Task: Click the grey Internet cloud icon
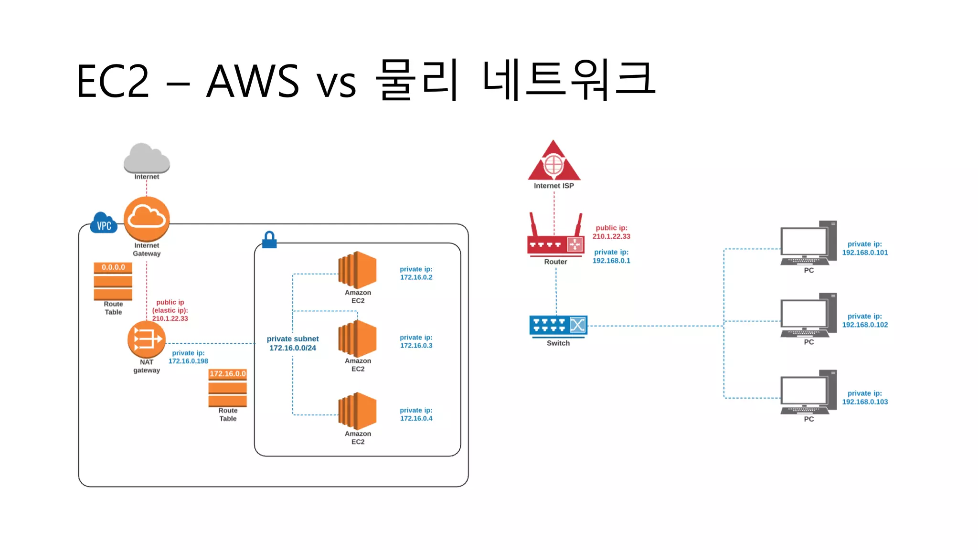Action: coord(147,159)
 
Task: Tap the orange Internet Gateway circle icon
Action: coord(147,219)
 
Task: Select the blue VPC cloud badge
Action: coord(104,223)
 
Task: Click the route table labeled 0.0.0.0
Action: coord(113,281)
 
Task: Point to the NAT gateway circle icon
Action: coord(146,339)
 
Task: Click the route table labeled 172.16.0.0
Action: coord(228,388)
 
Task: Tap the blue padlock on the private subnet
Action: coord(269,240)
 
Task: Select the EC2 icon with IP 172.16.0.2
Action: coord(357,270)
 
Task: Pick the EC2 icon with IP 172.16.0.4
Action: coord(357,411)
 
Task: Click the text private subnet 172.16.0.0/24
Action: coord(293,343)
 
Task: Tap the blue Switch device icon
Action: coord(558,326)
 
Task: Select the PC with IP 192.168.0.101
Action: coord(808,243)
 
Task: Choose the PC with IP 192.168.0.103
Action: coord(808,392)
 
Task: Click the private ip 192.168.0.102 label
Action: coord(865,320)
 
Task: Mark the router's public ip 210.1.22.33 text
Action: coord(611,232)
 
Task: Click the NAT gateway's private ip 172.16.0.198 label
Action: coord(188,357)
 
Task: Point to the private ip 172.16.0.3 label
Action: coord(416,341)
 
